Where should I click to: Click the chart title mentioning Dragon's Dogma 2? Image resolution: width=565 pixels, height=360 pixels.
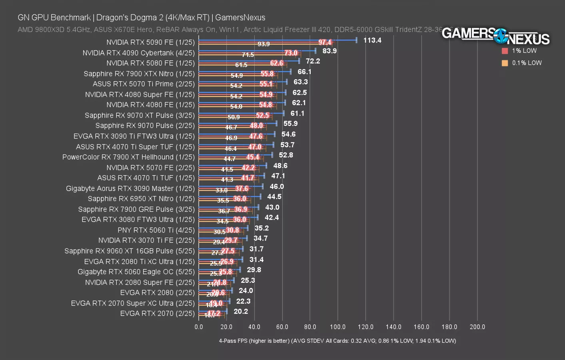(142, 18)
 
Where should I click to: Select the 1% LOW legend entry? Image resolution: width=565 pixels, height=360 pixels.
(524, 51)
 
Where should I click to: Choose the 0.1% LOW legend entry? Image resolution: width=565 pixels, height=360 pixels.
(527, 63)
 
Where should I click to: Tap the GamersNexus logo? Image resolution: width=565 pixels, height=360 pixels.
(495, 36)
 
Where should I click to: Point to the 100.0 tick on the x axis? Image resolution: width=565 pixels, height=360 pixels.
(338, 327)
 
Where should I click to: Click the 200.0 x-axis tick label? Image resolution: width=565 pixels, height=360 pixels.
(477, 327)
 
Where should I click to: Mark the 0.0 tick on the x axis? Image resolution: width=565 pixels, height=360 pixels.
(199, 327)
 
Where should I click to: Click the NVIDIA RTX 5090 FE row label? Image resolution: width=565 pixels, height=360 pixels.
(150, 42)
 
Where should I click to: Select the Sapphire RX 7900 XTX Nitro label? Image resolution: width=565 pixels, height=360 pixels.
(139, 74)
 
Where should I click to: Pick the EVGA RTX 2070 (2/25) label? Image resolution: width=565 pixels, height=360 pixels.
(158, 314)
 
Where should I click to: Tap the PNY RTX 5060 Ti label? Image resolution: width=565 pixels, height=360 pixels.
(156, 230)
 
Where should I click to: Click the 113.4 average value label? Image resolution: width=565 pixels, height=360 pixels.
(372, 40)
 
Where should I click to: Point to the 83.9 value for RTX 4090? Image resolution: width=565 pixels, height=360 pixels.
(329, 51)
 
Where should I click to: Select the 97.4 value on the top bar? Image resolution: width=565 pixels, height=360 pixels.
(325, 42)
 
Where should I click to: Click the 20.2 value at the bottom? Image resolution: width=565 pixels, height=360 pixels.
(241, 312)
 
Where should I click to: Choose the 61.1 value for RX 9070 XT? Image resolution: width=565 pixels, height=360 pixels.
(297, 114)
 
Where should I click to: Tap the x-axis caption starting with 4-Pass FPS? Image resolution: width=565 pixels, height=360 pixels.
(337, 341)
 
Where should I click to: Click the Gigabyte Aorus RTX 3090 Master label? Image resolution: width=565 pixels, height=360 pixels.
(130, 188)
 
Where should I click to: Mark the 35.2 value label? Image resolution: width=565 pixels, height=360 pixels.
(262, 228)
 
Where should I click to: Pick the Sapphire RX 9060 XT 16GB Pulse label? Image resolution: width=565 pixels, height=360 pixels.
(130, 251)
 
